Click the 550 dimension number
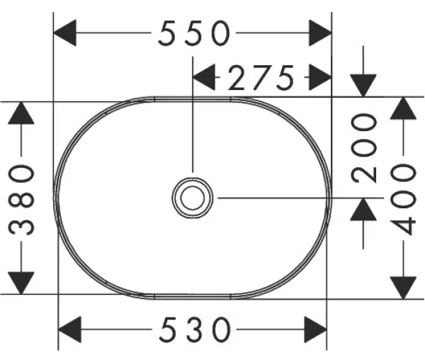point(194,33)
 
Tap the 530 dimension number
point(194,329)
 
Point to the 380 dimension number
point(23,199)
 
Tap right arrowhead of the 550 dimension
point(321,33)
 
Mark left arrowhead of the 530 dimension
point(69,329)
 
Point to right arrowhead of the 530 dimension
point(316,329)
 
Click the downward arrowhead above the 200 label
point(364,85)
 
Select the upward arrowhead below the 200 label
point(364,210)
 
